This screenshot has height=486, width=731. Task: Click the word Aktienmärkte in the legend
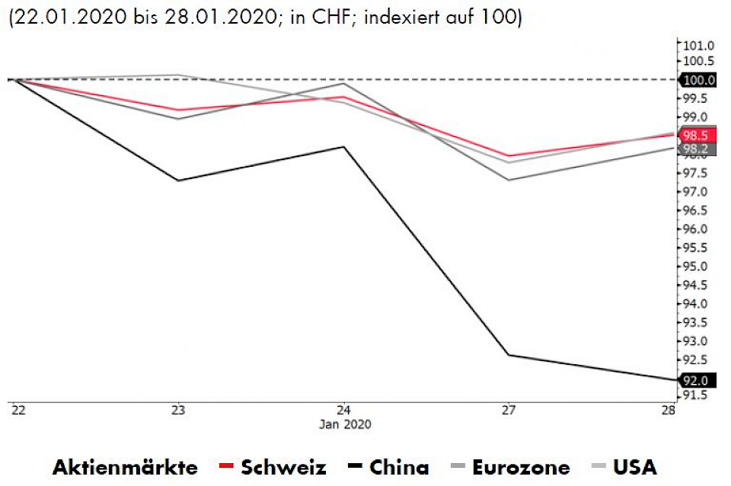(x=125, y=466)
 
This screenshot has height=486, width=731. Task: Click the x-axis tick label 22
(x=17, y=410)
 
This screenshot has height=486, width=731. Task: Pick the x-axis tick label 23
(x=178, y=410)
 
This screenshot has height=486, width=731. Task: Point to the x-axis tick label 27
(x=508, y=410)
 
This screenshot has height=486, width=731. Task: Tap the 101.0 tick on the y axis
(x=698, y=46)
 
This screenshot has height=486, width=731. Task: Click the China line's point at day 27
(x=509, y=355)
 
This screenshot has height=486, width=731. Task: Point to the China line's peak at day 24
(x=344, y=146)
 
